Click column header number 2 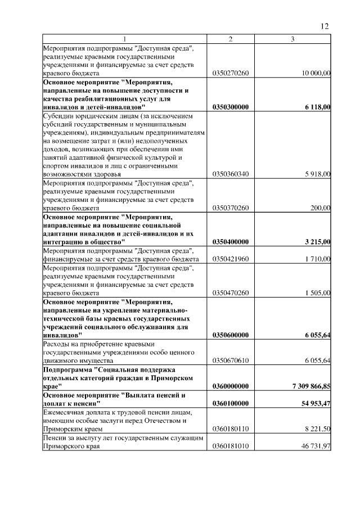pos(230,39)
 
